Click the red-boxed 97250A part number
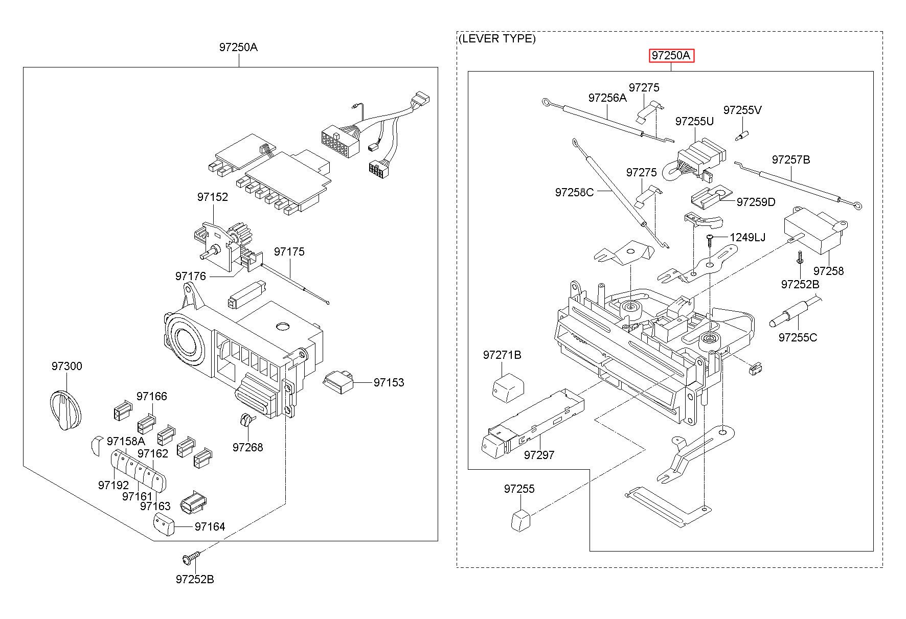pyautogui.click(x=671, y=56)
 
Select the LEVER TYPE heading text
pyautogui.click(x=497, y=39)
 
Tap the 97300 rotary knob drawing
pyautogui.click(x=65, y=410)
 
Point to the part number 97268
pyautogui.click(x=247, y=447)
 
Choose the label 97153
pyautogui.click(x=389, y=382)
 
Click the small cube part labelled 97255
pyautogui.click(x=520, y=520)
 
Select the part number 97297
pyautogui.click(x=539, y=454)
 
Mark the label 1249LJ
pyautogui.click(x=748, y=237)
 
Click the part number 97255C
pyautogui.click(x=798, y=337)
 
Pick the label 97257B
pyautogui.click(x=791, y=159)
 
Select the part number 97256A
pyautogui.click(x=607, y=98)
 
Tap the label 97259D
pyautogui.click(x=756, y=202)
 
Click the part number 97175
pyautogui.click(x=289, y=251)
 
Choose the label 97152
pyautogui.click(x=213, y=197)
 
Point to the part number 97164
pyautogui.click(x=210, y=526)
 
